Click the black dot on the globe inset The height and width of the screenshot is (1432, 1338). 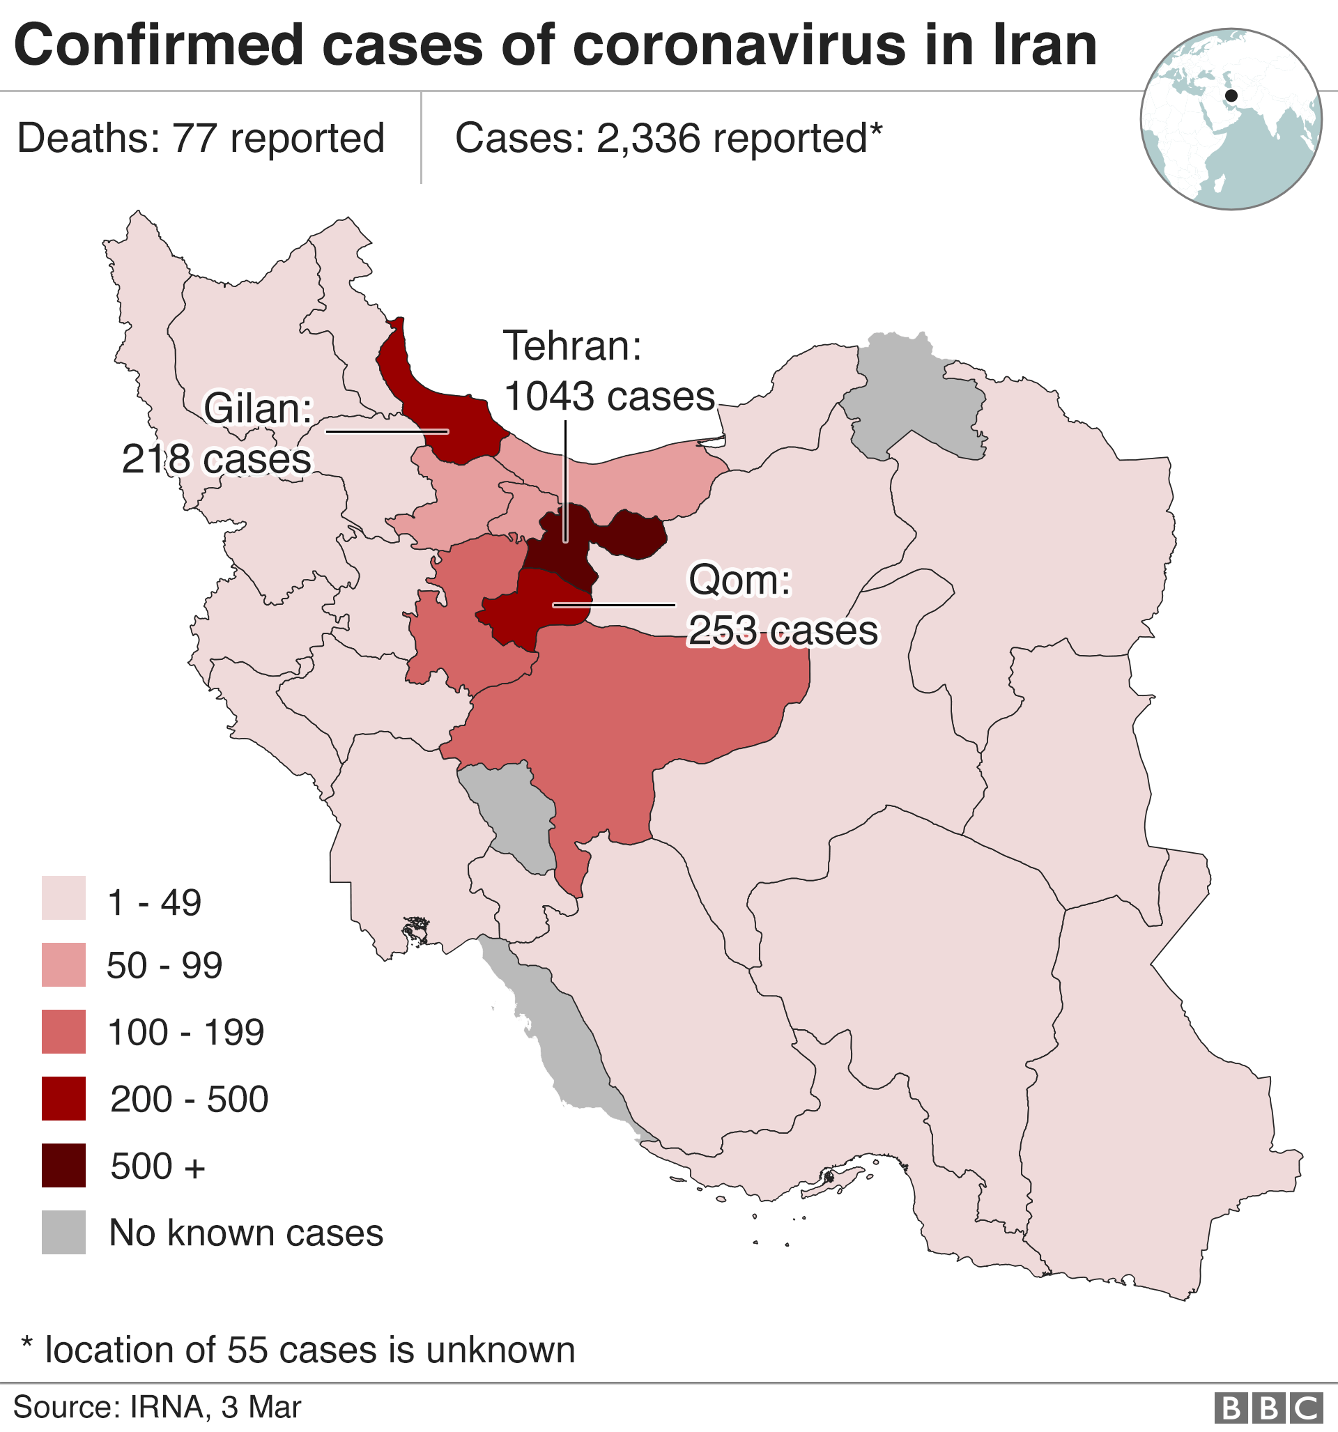pyautogui.click(x=1231, y=95)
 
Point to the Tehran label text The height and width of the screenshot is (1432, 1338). pyautogui.click(x=572, y=346)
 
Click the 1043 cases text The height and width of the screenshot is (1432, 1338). pyautogui.click(x=609, y=397)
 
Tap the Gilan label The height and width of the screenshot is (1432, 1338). pyautogui.click(x=258, y=408)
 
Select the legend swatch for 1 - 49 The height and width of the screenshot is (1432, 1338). pyautogui.click(x=63, y=898)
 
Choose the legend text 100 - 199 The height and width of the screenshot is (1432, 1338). pyautogui.click(x=185, y=1032)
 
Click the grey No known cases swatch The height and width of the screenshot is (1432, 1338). pyautogui.click(x=63, y=1233)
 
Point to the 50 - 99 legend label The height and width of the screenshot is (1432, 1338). pyautogui.click(x=164, y=965)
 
